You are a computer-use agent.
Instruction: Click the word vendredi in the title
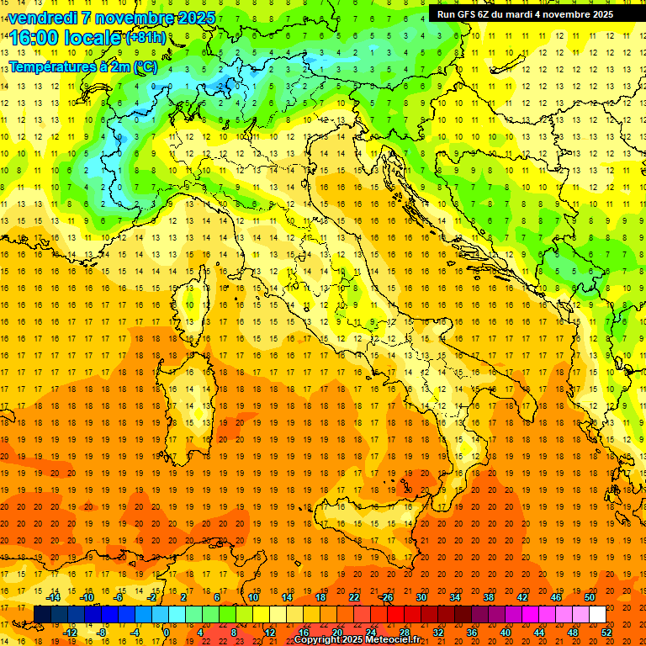click(x=42, y=18)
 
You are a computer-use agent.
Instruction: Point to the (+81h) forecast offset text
click(x=146, y=38)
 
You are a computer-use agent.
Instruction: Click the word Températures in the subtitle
click(x=51, y=66)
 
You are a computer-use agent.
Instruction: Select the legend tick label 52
click(x=606, y=633)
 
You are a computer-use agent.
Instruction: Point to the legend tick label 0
click(x=167, y=633)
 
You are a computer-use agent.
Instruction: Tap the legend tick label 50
click(x=590, y=597)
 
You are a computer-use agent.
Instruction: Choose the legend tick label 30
click(x=421, y=597)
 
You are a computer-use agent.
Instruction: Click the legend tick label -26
click(x=385, y=597)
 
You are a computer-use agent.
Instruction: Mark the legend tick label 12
click(x=270, y=633)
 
